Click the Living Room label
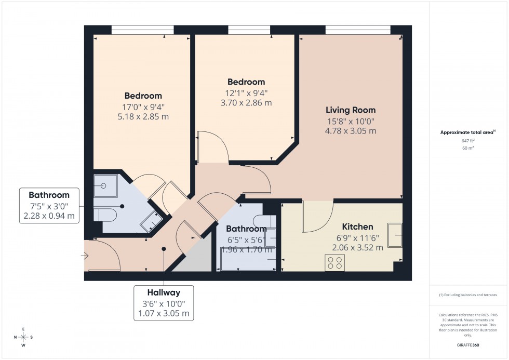(x=351, y=110)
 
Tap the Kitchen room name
(x=357, y=227)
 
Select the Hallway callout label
(x=164, y=293)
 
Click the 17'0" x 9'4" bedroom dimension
(x=143, y=106)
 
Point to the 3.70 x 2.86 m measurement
(x=246, y=103)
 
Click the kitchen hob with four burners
(x=334, y=263)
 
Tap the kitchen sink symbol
(x=395, y=236)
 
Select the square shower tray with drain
(x=105, y=185)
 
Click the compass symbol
(x=23, y=337)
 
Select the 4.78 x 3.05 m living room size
(x=351, y=131)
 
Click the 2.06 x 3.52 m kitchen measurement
(x=357, y=248)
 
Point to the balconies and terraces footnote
(x=468, y=295)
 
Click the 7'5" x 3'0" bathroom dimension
(x=49, y=206)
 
